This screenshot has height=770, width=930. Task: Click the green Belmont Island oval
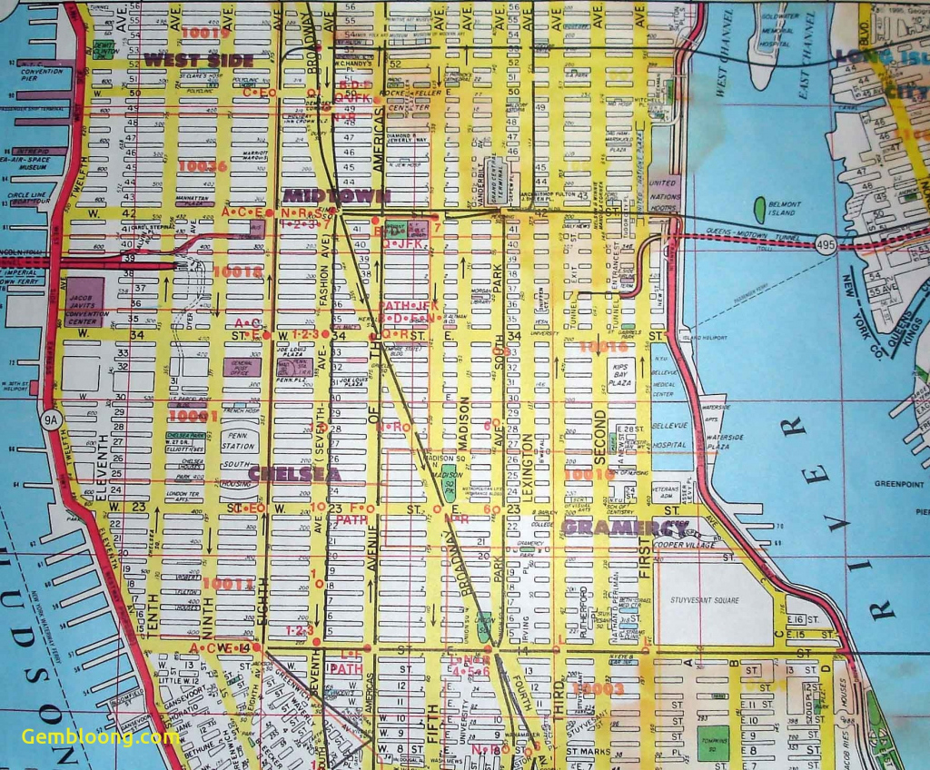[759, 209]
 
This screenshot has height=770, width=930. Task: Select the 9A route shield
[51, 419]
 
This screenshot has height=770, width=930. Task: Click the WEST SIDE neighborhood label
[198, 61]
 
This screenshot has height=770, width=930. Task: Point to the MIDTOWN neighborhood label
[337, 195]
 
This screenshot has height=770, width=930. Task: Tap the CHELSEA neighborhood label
[294, 474]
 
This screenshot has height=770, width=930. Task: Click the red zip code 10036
[202, 166]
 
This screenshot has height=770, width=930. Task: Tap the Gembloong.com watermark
[100, 736]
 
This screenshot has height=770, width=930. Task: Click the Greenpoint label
[898, 484]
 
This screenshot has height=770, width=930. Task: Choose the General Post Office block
[242, 366]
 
